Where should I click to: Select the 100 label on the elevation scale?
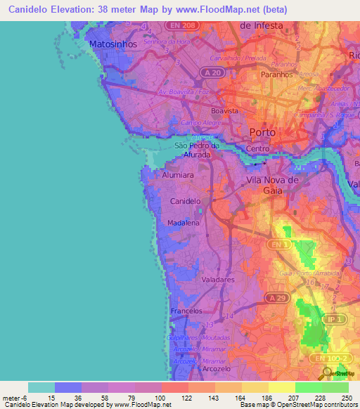click(x=160, y=398)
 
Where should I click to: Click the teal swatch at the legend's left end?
click(x=41, y=387)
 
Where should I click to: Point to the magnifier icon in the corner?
click(x=328, y=375)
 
